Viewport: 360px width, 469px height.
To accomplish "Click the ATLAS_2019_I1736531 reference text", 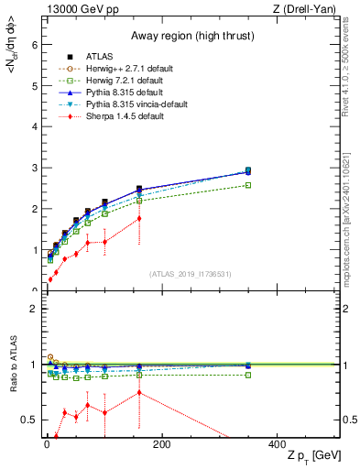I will [191, 274].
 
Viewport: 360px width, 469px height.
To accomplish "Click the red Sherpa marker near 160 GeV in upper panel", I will [139, 218].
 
